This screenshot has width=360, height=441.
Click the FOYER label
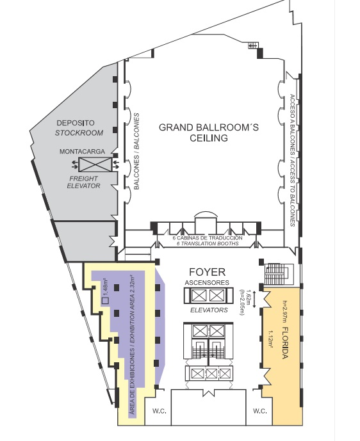pyautogui.click(x=208, y=272)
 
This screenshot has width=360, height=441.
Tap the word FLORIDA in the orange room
pyautogui.click(x=285, y=343)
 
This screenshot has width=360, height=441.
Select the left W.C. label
pyautogui.click(x=160, y=411)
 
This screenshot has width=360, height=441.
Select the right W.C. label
pyautogui.click(x=260, y=411)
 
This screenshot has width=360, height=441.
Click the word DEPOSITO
pyautogui.click(x=76, y=123)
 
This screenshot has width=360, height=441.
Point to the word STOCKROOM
pyautogui.click(x=79, y=132)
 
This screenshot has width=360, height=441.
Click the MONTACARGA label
pyautogui.click(x=82, y=152)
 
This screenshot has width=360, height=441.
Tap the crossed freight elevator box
pyautogui.click(x=95, y=164)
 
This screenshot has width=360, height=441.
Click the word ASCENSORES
pyautogui.click(x=207, y=283)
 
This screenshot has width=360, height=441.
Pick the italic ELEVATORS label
pyautogui.click(x=209, y=310)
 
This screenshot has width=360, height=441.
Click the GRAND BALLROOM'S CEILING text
pyautogui.click(x=209, y=132)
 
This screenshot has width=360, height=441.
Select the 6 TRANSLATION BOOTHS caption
pyautogui.click(x=208, y=244)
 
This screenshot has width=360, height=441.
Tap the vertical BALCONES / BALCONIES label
pyautogui.click(x=136, y=151)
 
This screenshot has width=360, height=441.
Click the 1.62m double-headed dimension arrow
pyautogui.click(x=254, y=300)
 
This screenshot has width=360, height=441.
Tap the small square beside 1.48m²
pyautogui.click(x=105, y=300)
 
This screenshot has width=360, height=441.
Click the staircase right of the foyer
pyautogui.click(x=276, y=274)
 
